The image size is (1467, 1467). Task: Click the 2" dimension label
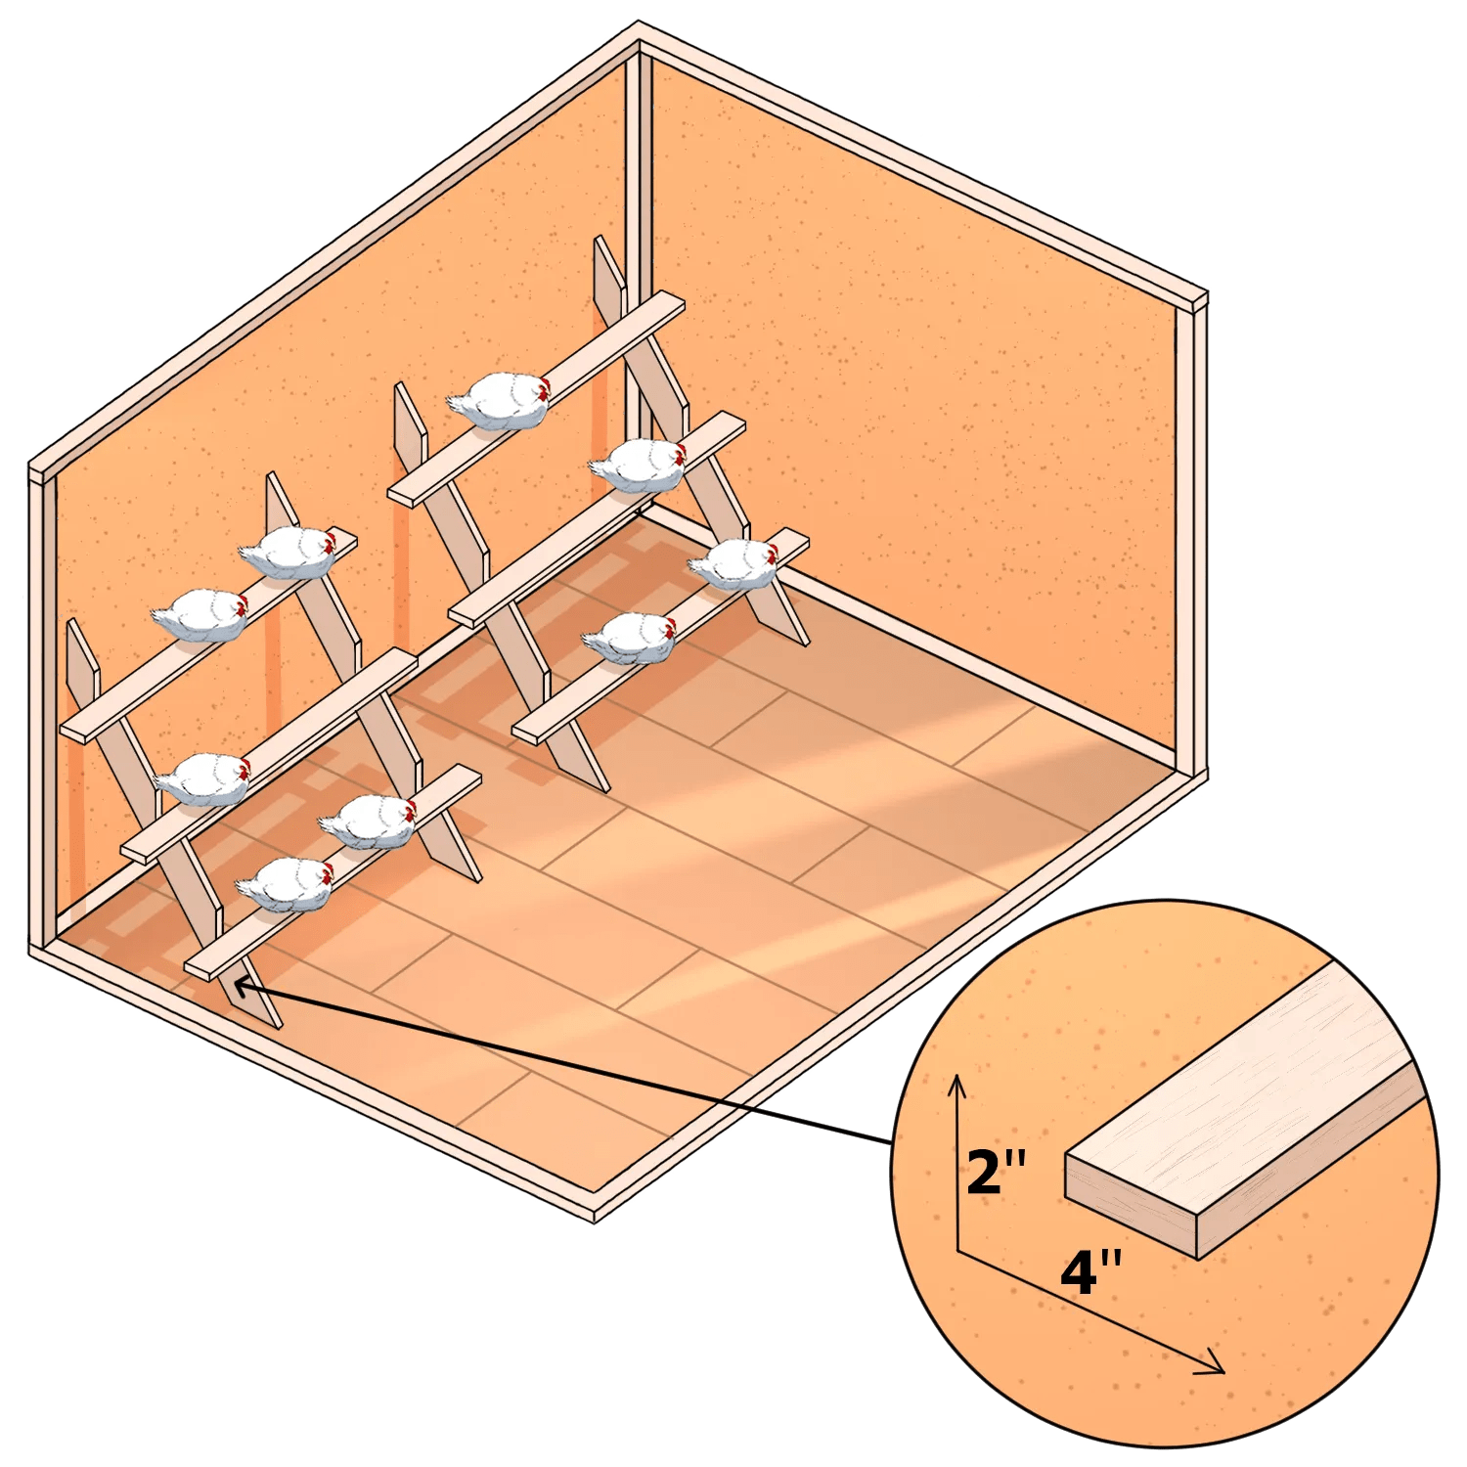pyautogui.click(x=997, y=1172)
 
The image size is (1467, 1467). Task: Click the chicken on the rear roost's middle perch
pyautogui.click(x=638, y=465)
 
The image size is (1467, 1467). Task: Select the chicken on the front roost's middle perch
pyautogui.click(x=202, y=778)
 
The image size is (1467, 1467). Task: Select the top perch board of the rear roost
pyautogui.click(x=538, y=396)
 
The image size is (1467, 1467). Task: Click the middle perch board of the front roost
pyautogui.click(x=269, y=753)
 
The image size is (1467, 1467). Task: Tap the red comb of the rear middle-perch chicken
pyautogui.click(x=681, y=452)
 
